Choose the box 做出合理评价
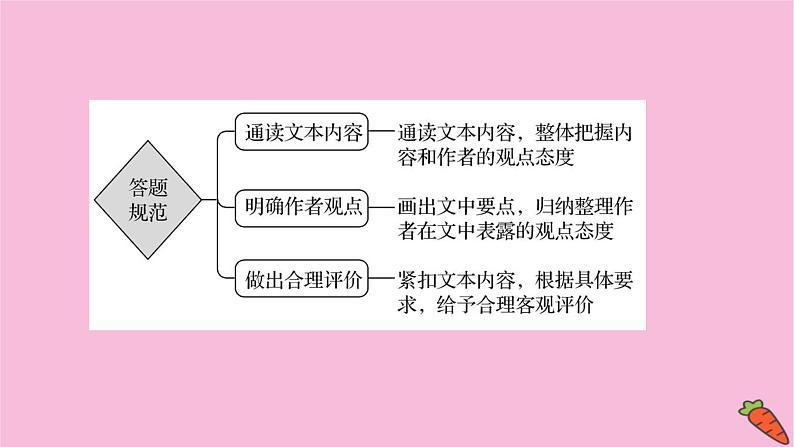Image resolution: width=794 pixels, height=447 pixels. tap(301, 277)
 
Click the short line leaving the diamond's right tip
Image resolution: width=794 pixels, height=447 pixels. tap(209, 200)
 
